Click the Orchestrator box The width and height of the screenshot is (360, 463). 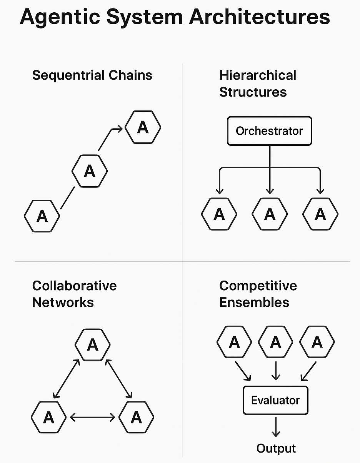coord(269,131)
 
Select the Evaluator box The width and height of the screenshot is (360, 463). coord(275,400)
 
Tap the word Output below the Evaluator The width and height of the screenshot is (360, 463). coord(276,448)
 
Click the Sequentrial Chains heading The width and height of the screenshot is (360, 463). coord(92,75)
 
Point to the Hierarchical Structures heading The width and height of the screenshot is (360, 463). coord(258,84)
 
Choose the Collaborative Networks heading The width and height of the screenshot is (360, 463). coord(74,294)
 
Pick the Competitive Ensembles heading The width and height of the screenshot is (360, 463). coord(258,294)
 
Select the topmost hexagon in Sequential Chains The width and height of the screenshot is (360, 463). coord(143,127)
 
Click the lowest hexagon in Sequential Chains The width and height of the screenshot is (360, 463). coord(42,216)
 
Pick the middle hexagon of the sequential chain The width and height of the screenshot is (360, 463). coord(90,171)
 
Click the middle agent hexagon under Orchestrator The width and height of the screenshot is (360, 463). coord(270,214)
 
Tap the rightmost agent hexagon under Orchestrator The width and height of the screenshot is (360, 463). coord(320,214)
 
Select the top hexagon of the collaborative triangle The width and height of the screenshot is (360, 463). coord(93,345)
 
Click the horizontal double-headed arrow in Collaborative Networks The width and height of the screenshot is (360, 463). coord(93,417)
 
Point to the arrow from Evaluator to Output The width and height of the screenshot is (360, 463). coord(275,426)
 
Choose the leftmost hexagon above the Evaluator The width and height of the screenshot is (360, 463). coord(235,342)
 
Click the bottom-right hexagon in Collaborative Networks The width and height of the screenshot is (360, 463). coord(137,417)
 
